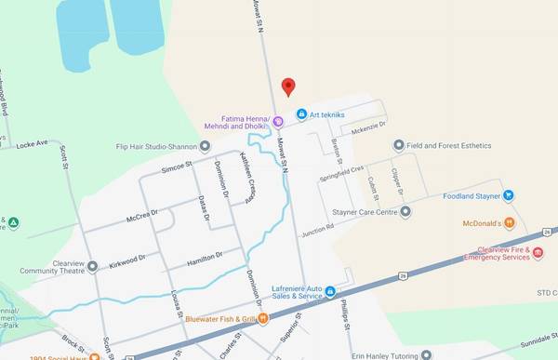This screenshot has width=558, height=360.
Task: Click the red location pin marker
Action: tap(288, 87)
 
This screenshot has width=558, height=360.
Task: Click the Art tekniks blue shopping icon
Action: tap(301, 114)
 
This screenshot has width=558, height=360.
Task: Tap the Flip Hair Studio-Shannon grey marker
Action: tap(206, 146)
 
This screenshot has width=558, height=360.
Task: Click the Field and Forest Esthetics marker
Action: tap(399, 145)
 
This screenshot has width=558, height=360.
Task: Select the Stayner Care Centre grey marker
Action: tap(405, 212)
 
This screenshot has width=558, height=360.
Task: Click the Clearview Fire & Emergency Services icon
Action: tap(538, 252)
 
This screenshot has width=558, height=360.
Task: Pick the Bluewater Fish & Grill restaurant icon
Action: tap(263, 319)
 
